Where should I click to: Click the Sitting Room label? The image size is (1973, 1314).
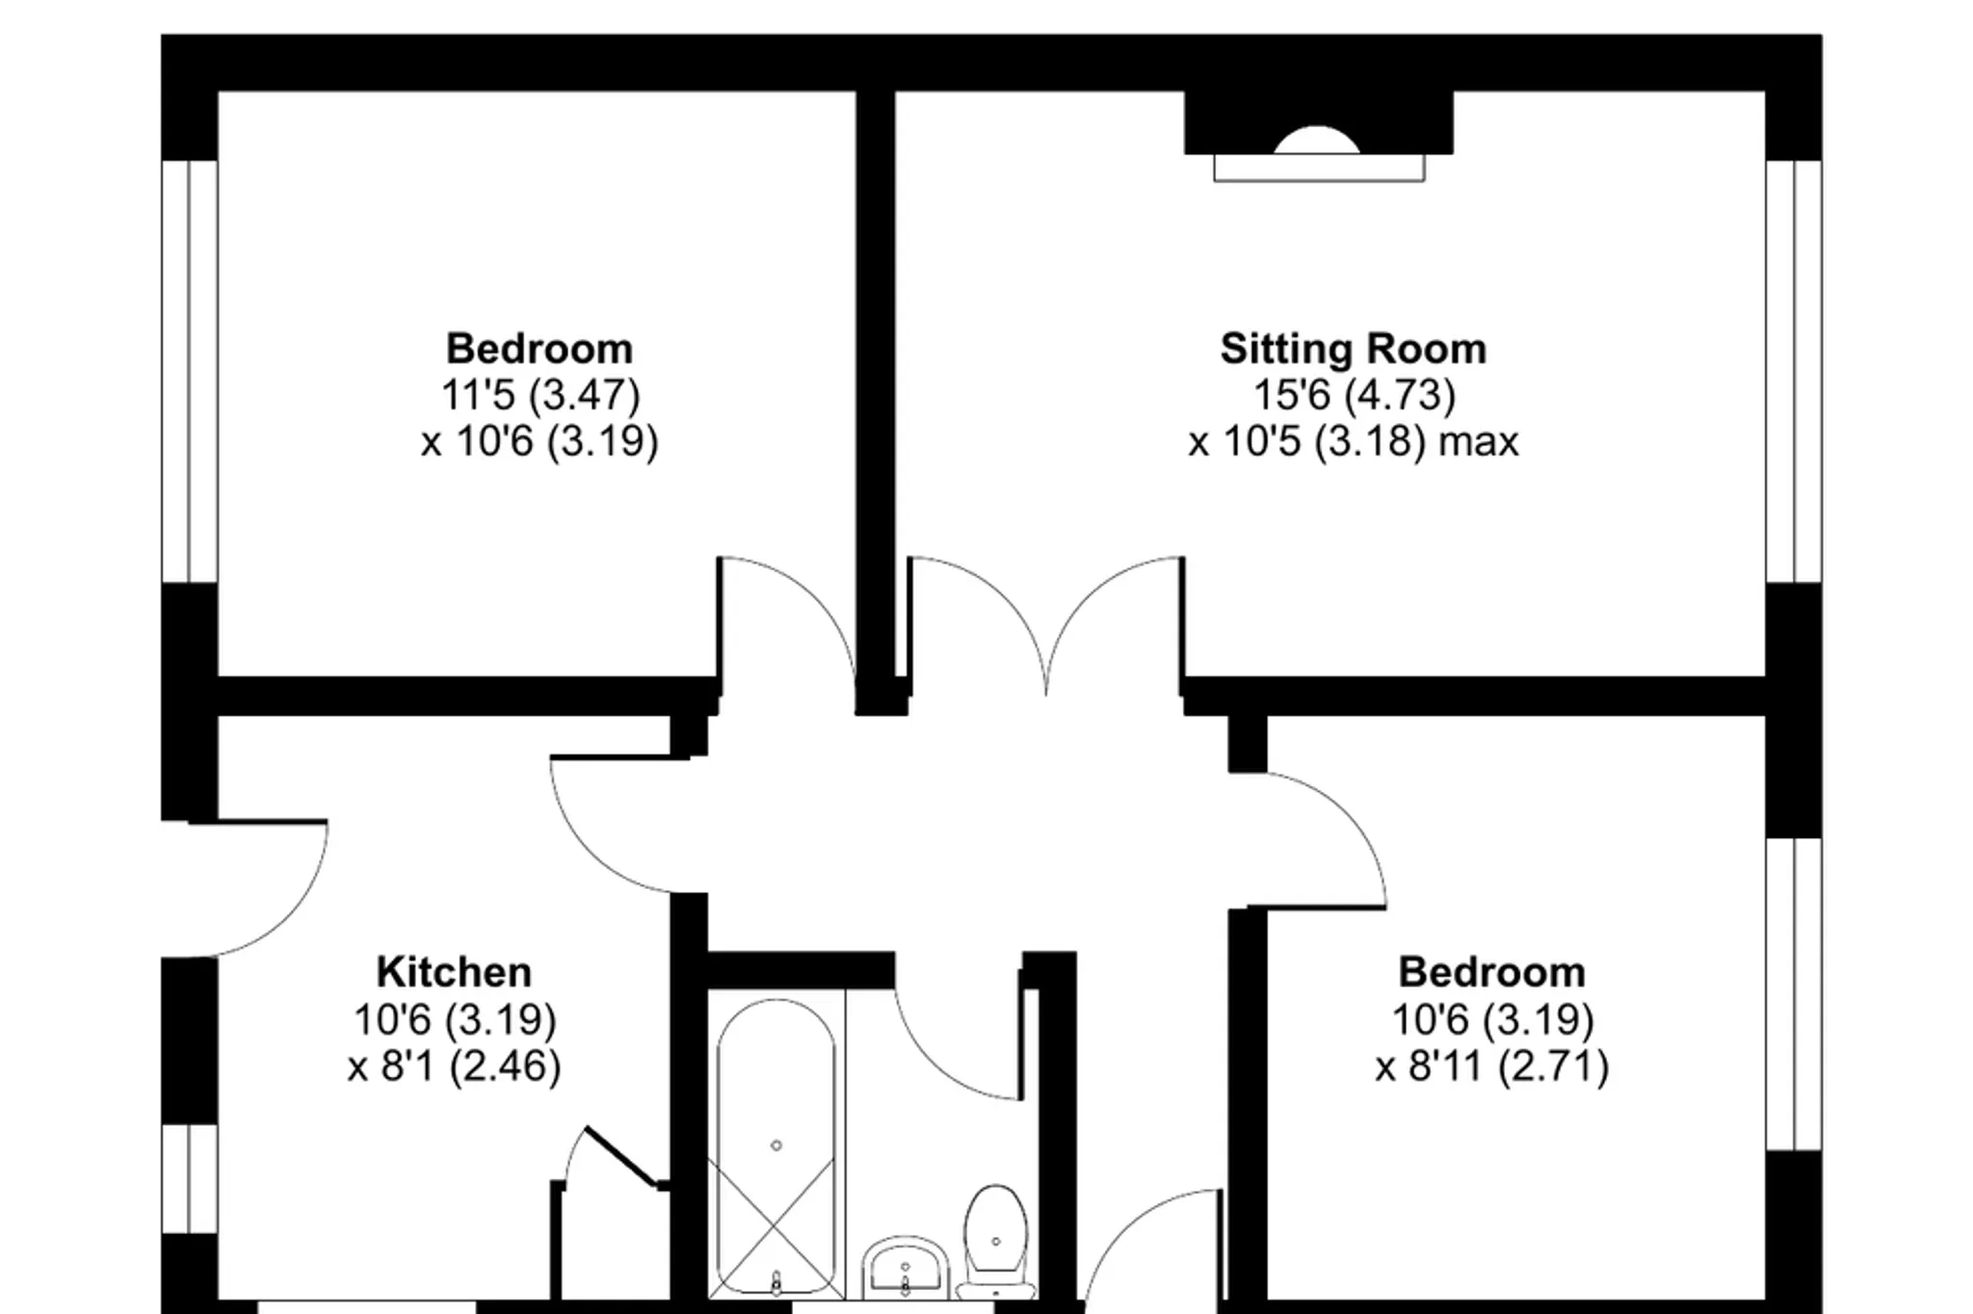[x=1353, y=350]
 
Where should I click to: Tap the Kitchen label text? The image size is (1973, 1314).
[x=454, y=972]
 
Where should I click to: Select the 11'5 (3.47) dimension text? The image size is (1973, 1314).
[x=540, y=395]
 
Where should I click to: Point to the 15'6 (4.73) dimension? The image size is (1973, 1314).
[x=1354, y=395]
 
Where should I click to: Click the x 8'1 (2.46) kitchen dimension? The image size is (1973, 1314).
[x=454, y=1065]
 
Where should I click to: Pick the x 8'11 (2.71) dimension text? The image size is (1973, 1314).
[x=1492, y=1065]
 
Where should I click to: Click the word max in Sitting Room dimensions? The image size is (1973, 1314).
[x=1479, y=442]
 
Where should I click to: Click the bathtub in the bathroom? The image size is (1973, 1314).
[x=776, y=1146]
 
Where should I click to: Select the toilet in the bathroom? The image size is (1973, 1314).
[x=996, y=1243]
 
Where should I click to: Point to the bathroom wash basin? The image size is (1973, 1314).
[x=904, y=1268]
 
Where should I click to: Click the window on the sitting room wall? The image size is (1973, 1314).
[x=1794, y=372]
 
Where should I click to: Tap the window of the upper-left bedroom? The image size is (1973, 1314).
[x=190, y=372]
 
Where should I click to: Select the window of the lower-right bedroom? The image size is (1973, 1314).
[x=1794, y=994]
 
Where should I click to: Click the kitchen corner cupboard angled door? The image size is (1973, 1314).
[x=621, y=1156]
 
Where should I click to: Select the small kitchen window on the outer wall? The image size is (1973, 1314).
[x=190, y=1179]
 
